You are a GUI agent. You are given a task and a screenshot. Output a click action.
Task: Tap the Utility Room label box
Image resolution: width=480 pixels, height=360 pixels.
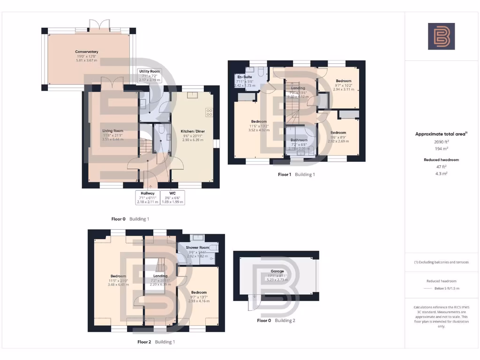[x=149, y=75]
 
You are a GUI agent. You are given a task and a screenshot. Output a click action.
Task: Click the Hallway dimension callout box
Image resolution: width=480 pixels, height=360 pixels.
[x=147, y=197]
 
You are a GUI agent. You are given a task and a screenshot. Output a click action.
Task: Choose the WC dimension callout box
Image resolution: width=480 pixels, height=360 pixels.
[x=173, y=197]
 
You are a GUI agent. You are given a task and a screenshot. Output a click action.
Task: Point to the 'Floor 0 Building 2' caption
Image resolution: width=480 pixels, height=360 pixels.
[x=276, y=321]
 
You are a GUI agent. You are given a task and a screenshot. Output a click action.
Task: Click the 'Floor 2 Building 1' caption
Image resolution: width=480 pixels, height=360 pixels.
[x=156, y=342]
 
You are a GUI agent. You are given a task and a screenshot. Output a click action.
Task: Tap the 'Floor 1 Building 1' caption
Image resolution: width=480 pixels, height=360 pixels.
[x=296, y=174]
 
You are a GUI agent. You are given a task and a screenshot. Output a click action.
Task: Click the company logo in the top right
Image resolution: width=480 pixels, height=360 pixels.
[x=441, y=36]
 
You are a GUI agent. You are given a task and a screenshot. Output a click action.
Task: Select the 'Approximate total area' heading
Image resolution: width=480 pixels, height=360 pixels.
[x=441, y=134]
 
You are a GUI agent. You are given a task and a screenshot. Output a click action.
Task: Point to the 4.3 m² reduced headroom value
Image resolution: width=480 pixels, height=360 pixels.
[x=441, y=173]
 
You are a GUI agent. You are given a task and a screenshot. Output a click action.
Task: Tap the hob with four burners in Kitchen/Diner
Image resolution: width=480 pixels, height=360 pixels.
[x=209, y=112]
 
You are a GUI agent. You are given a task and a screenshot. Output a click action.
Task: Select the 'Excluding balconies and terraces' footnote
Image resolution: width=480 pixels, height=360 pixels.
[x=441, y=262]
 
